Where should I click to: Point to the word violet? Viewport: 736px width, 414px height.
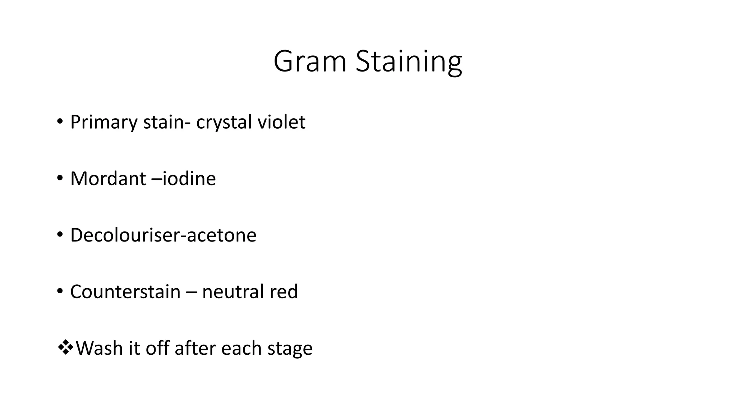click(x=281, y=122)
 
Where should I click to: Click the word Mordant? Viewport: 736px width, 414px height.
click(x=108, y=179)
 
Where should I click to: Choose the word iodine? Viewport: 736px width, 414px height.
click(x=189, y=179)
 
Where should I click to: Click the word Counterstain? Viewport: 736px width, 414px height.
click(x=125, y=291)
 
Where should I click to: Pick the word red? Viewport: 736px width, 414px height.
click(x=284, y=291)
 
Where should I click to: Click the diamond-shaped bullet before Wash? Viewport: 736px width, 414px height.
click(x=65, y=348)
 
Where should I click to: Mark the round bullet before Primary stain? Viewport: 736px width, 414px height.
click(x=60, y=121)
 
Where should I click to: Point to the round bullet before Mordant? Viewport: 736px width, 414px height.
click(x=60, y=178)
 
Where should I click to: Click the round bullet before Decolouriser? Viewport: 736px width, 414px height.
click(x=60, y=234)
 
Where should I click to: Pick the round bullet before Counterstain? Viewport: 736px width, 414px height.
click(x=60, y=290)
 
